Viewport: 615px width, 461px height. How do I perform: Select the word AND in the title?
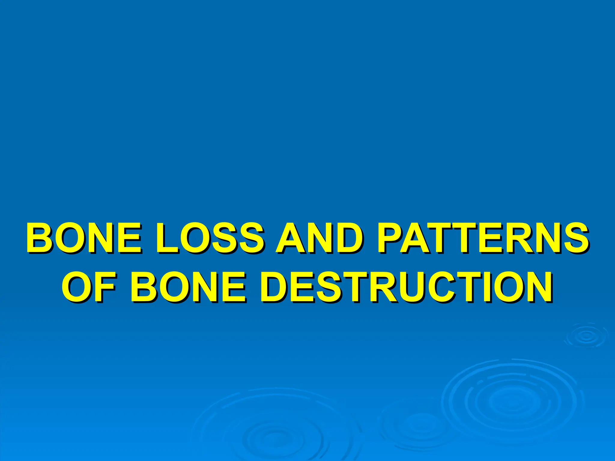point(319,238)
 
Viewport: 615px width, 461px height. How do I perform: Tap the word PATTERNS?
point(482,238)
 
